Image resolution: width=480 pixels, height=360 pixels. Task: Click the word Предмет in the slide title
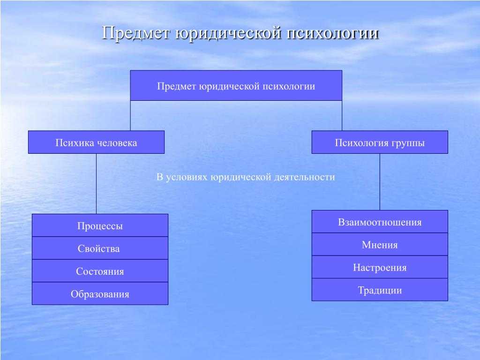coord(135,33)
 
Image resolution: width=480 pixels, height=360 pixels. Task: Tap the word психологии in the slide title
coord(333,33)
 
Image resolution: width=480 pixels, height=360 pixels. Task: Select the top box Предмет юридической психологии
coord(236,85)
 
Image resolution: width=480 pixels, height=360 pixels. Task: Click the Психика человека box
coord(96,142)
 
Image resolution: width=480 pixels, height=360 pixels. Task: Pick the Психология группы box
coord(380,142)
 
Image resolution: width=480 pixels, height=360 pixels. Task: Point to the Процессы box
coord(100,225)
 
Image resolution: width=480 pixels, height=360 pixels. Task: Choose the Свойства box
coord(100,248)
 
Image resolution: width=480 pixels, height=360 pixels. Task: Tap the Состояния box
coord(100,270)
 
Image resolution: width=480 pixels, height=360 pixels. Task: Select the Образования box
coord(100,293)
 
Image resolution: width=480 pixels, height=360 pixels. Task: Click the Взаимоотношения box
coord(380,222)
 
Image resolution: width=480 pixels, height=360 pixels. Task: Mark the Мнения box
coord(380,244)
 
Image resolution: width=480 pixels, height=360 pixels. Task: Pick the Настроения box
coord(380,267)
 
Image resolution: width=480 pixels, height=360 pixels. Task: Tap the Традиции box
coord(380,290)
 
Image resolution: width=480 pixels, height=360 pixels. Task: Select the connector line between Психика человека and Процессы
coord(96,184)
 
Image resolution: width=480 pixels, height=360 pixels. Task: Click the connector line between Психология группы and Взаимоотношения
coord(380,182)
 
